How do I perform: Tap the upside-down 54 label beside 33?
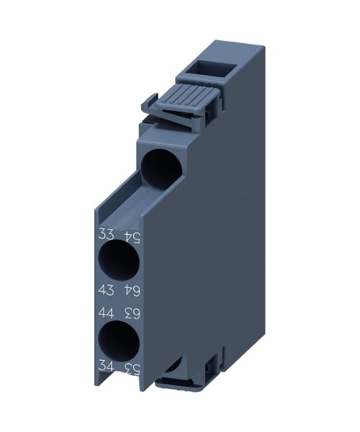tap(131, 237)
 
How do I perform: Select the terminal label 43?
tap(106, 289)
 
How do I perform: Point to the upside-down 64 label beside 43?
tap(131, 291)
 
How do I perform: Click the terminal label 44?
tap(106, 313)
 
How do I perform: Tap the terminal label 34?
tap(106, 366)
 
